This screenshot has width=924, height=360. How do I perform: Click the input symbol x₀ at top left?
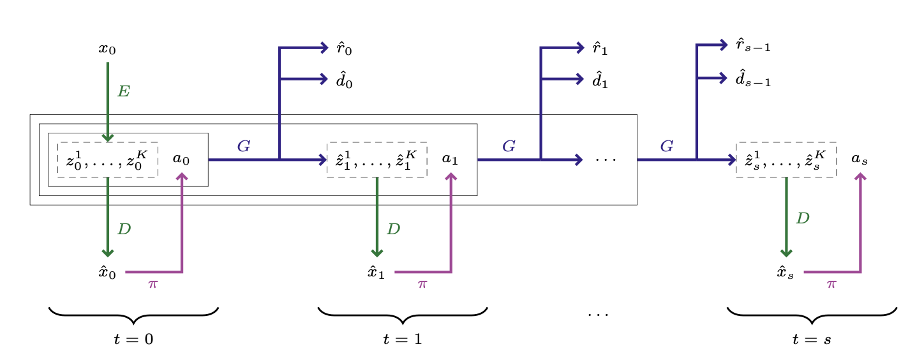tap(107, 49)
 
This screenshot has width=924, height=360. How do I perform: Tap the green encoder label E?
tap(124, 92)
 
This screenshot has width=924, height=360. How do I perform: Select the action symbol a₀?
tap(181, 160)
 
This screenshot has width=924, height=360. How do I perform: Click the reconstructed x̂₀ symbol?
tap(107, 273)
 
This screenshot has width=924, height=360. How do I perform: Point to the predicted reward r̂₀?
tap(345, 49)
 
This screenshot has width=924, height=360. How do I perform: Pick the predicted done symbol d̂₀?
tap(345, 81)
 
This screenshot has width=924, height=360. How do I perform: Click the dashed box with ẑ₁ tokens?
tap(376, 160)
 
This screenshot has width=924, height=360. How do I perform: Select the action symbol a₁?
tap(451, 160)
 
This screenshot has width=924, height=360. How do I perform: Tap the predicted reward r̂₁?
tap(600, 49)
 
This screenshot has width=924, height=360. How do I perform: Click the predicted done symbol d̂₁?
tap(600, 81)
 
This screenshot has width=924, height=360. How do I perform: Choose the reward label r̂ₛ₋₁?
tap(753, 45)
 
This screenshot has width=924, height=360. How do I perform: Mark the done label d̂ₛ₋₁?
tap(753, 79)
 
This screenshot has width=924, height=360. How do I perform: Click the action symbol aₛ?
tap(860, 160)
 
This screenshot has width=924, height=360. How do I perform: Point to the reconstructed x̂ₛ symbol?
tap(786, 273)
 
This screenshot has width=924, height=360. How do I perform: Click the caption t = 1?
tap(403, 340)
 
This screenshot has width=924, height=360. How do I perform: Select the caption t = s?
tap(812, 340)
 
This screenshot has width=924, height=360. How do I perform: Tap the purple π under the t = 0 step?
tap(153, 284)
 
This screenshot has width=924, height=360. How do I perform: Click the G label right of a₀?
tap(243, 146)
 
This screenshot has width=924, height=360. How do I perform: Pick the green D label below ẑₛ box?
tap(803, 218)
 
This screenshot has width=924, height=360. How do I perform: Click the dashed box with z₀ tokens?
tap(108, 160)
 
